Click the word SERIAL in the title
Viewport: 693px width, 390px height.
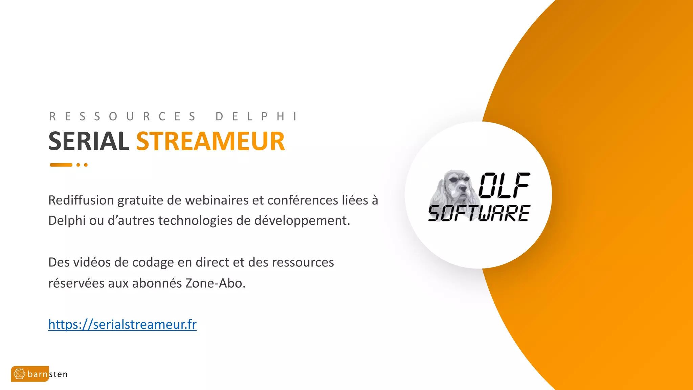[x=89, y=141]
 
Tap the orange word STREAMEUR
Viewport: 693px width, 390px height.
[x=210, y=141]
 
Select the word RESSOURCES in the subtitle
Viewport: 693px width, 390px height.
[x=122, y=116]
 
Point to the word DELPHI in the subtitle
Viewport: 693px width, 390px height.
[x=256, y=116]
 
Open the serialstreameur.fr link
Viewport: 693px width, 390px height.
[x=122, y=324]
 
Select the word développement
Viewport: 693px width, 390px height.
[x=302, y=221]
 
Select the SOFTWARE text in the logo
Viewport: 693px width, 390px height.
[x=479, y=213]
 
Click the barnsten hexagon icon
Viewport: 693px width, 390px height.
[x=19, y=374]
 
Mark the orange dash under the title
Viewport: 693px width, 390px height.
[x=61, y=165]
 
